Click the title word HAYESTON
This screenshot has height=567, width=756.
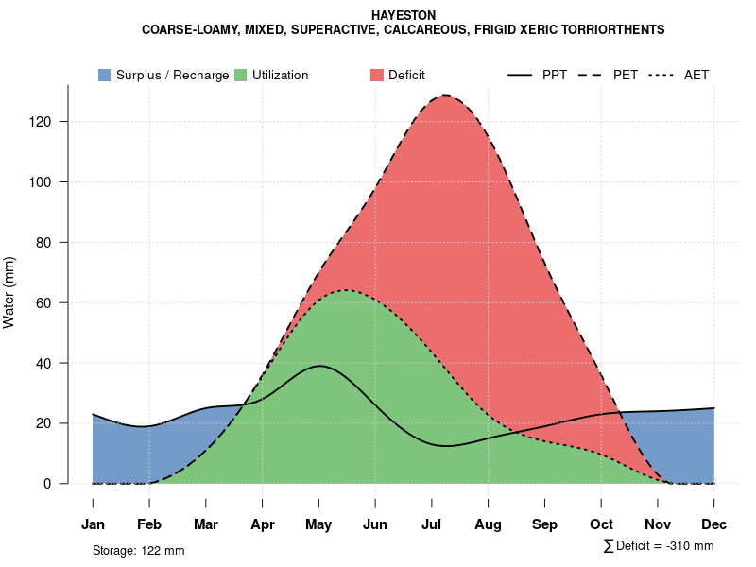tap(404, 16)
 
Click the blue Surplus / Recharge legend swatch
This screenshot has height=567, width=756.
tap(104, 75)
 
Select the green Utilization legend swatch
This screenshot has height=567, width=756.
tap(240, 75)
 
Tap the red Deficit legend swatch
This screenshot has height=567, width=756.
tap(376, 75)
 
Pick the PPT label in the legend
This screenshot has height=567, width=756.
tap(555, 75)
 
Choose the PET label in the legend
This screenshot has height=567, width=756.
tap(626, 75)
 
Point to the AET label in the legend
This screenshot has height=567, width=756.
tap(696, 75)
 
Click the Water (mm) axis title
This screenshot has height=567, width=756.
tap(9, 292)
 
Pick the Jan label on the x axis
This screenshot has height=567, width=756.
tap(93, 524)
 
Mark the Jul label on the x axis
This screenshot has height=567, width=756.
tap(432, 524)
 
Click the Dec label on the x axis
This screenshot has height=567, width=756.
tap(714, 524)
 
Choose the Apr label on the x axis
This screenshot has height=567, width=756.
tap(262, 524)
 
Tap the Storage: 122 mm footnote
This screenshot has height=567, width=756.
tap(138, 550)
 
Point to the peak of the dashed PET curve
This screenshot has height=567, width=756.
tap(443, 96)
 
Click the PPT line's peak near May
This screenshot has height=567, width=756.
tap(319, 366)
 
